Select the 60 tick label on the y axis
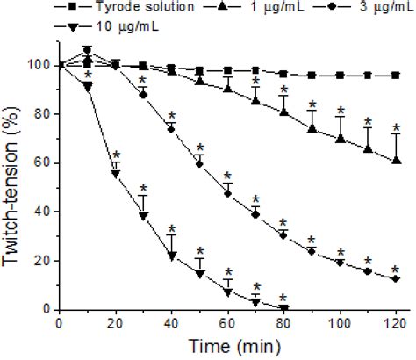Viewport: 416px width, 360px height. coord(41,163)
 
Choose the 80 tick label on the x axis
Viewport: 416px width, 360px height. coord(283,324)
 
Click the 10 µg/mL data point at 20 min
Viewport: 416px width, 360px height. coord(115,174)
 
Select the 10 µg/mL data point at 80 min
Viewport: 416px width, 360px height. coord(283,307)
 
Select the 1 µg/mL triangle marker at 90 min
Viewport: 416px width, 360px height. coord(312,129)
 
